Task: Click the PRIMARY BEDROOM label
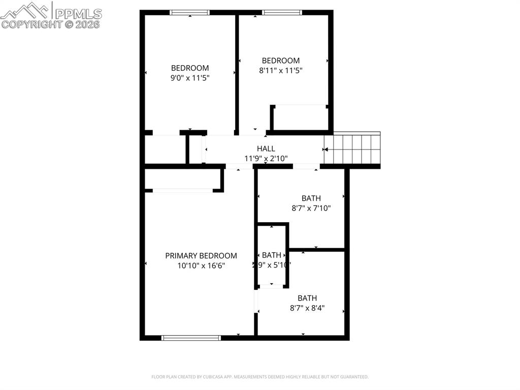(x=201, y=256)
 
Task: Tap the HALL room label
(x=266, y=148)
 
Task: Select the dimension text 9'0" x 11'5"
(x=190, y=78)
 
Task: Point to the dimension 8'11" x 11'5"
(x=281, y=71)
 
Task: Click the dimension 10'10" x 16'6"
(x=201, y=265)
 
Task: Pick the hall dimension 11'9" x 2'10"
(x=266, y=158)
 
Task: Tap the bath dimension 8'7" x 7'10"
(x=311, y=208)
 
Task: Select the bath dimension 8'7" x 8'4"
(x=307, y=308)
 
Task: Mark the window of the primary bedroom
(x=191, y=337)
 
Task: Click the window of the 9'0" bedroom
(x=189, y=13)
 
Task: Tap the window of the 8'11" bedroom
(x=282, y=13)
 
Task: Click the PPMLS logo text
(x=77, y=14)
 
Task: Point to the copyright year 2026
(x=89, y=24)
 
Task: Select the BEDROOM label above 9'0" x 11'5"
(x=190, y=68)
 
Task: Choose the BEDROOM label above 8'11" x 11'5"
(x=281, y=61)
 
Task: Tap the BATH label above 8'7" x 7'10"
(x=311, y=198)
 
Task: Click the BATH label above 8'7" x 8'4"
(x=307, y=298)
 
